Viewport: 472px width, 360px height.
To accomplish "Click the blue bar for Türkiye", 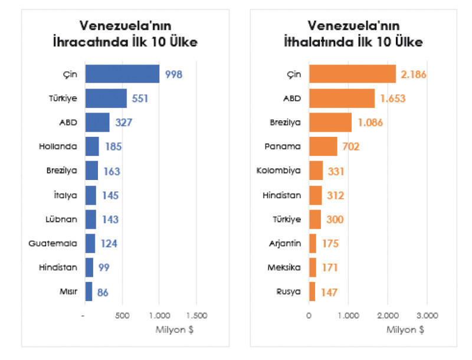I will coord(106,99).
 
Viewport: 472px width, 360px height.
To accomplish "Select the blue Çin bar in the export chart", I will coord(122,74).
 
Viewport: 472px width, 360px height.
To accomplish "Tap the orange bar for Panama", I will coord(323,146).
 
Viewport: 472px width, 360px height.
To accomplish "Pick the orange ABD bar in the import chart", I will coord(342,99).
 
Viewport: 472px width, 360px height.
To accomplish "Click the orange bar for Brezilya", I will coord(330,123).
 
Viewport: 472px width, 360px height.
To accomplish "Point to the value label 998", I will coord(173,74).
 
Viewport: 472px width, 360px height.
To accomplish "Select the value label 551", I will coord(140,99).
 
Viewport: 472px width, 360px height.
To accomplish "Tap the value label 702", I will coord(348,146).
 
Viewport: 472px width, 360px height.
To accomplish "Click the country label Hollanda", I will coord(61,146).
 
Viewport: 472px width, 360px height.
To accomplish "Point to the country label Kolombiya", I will coord(279,171).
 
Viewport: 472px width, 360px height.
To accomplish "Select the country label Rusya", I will coord(289,292).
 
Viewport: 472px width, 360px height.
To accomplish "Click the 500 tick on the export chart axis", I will coord(122,316).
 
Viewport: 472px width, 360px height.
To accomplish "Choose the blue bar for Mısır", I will coord(88,292).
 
